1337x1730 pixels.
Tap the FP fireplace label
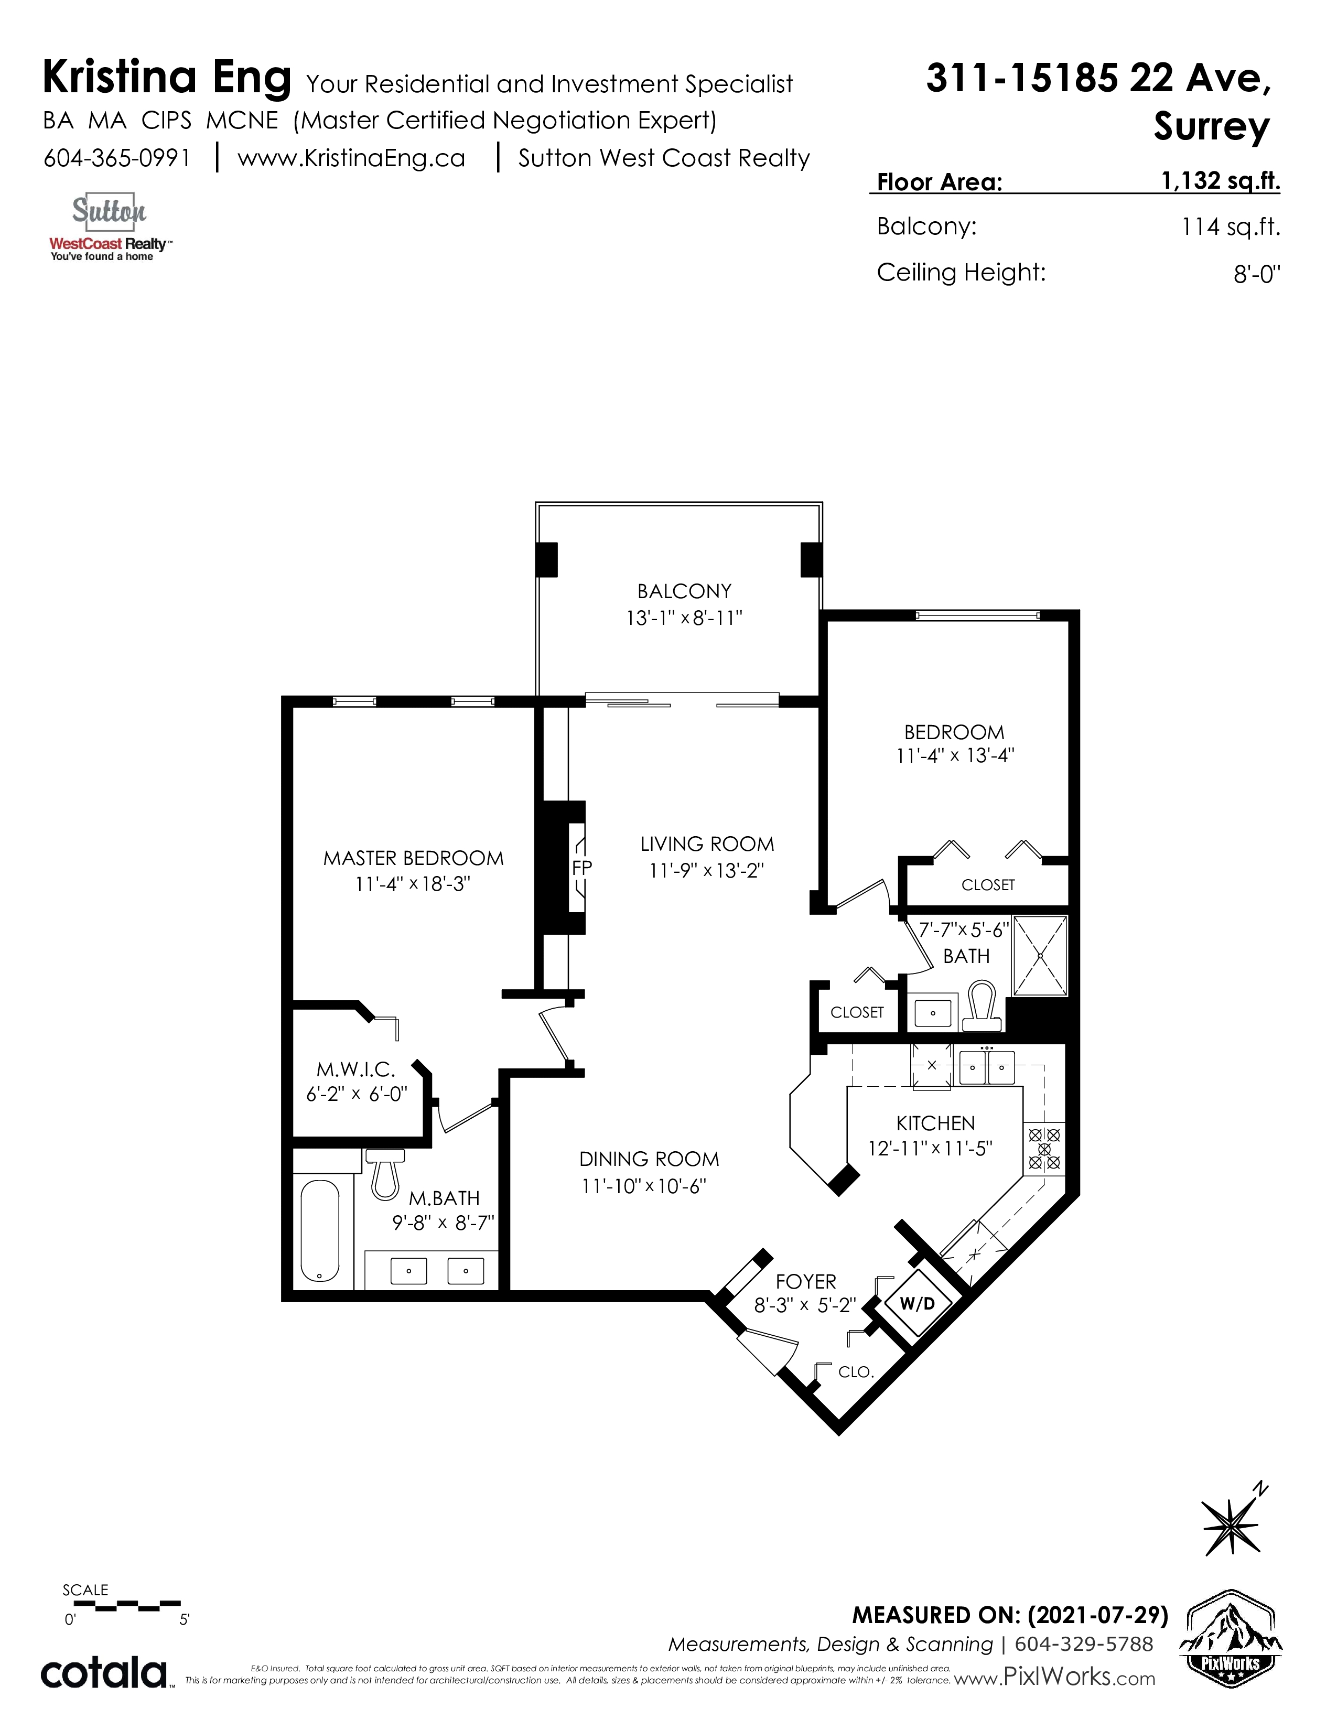(581, 868)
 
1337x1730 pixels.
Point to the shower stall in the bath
(1040, 955)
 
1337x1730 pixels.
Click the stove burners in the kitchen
(1044, 1149)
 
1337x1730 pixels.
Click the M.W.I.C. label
(355, 1069)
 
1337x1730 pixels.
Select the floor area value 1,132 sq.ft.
(1221, 181)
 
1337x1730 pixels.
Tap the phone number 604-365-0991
(117, 158)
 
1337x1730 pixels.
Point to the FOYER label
(805, 1282)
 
